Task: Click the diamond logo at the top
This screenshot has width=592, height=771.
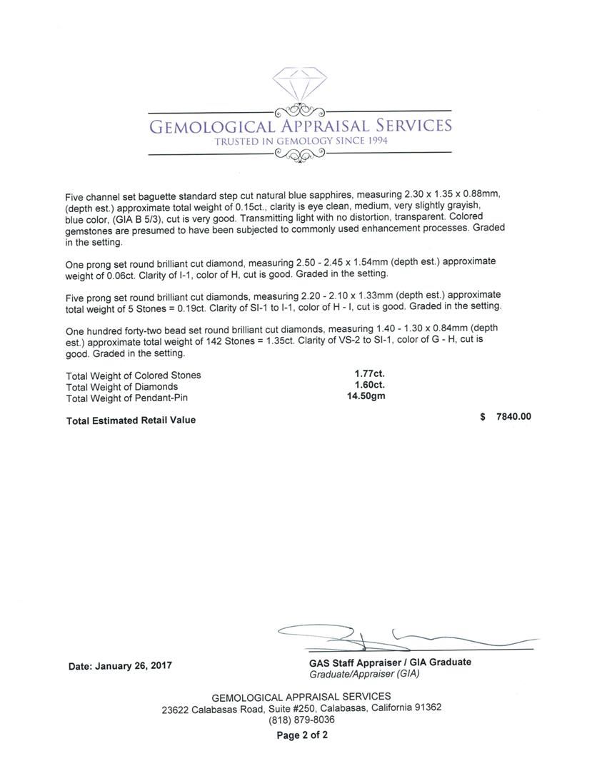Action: coord(299,86)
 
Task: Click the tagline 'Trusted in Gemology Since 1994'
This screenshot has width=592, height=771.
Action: coord(300,141)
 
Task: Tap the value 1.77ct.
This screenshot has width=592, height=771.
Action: coord(369,373)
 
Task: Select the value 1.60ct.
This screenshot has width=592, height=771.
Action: coord(369,385)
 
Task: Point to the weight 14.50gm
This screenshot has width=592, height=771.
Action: coord(366,396)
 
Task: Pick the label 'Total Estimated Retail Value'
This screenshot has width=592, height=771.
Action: coord(131,420)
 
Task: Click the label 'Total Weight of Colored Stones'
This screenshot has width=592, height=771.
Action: coord(134,375)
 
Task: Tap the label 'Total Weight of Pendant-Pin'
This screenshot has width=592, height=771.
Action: coord(127,398)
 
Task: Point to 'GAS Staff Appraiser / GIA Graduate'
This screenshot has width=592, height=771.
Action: coord(390,662)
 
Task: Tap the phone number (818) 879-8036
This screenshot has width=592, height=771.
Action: coord(301,720)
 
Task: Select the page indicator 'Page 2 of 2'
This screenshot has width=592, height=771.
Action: coord(302,735)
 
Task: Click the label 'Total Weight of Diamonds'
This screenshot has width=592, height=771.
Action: coord(121,386)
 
